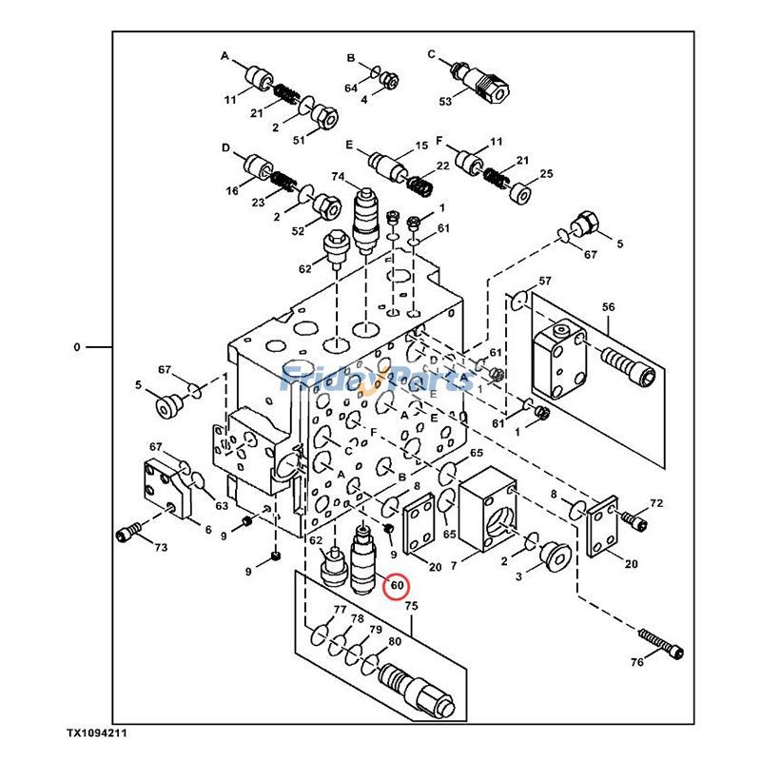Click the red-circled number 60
pos(397,586)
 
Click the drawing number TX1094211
pos(97,733)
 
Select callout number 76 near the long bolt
pos(636,662)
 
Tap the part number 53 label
pos(444,101)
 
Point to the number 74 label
pos(338,177)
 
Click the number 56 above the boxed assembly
pos(609,306)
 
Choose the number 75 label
pos(411,605)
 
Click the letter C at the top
pos(431,54)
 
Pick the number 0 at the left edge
pos(77,347)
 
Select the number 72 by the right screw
pos(655,502)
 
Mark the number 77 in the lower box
pos(340,610)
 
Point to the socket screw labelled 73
pos(128,535)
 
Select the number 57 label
pos(545,282)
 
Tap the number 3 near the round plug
pos(519,576)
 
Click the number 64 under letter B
pos(351,88)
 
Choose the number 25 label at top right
pos(546,173)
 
